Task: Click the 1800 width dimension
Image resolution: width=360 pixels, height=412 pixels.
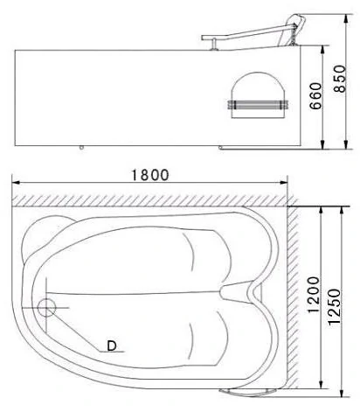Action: pyautogui.click(x=150, y=175)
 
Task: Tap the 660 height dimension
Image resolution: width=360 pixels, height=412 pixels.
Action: pyautogui.click(x=315, y=96)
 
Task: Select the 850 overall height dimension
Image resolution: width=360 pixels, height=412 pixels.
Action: pyautogui.click(x=340, y=79)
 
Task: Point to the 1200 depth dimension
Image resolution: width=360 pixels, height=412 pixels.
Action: pyautogui.click(x=314, y=295)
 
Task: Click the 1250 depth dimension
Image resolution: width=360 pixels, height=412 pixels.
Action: pyautogui.click(x=334, y=307)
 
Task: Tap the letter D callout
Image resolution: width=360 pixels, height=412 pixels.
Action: pyautogui.click(x=112, y=346)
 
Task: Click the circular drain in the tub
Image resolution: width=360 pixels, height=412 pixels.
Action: pyautogui.click(x=46, y=308)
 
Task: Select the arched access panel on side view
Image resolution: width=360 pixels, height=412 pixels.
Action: pyautogui.click(x=258, y=95)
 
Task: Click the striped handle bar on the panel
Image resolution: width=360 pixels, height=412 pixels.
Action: pyautogui.click(x=258, y=105)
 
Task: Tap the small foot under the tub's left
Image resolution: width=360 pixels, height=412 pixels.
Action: pyautogui.click(x=81, y=148)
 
